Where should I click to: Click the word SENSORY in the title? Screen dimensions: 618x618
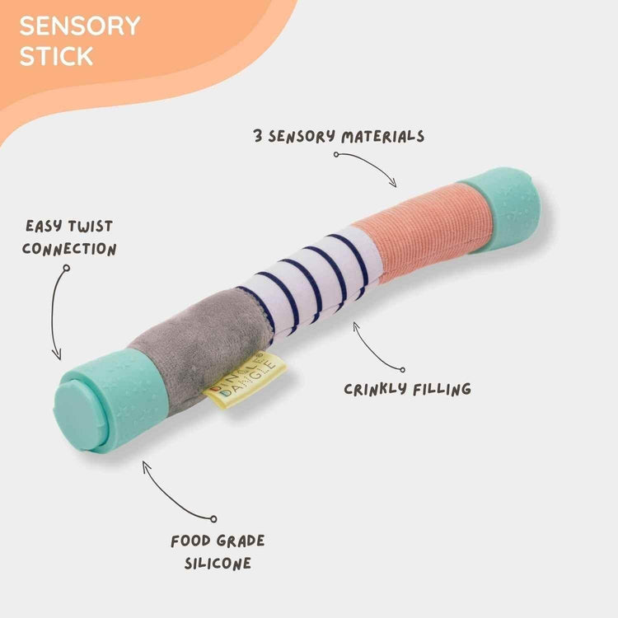(x=80, y=26)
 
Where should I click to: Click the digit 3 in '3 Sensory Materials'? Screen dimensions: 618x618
(x=259, y=136)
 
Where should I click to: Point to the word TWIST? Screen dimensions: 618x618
(x=90, y=226)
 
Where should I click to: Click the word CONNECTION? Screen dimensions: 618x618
(x=69, y=248)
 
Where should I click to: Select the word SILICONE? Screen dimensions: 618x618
(x=218, y=564)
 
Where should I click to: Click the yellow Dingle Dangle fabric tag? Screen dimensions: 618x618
(x=246, y=380)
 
